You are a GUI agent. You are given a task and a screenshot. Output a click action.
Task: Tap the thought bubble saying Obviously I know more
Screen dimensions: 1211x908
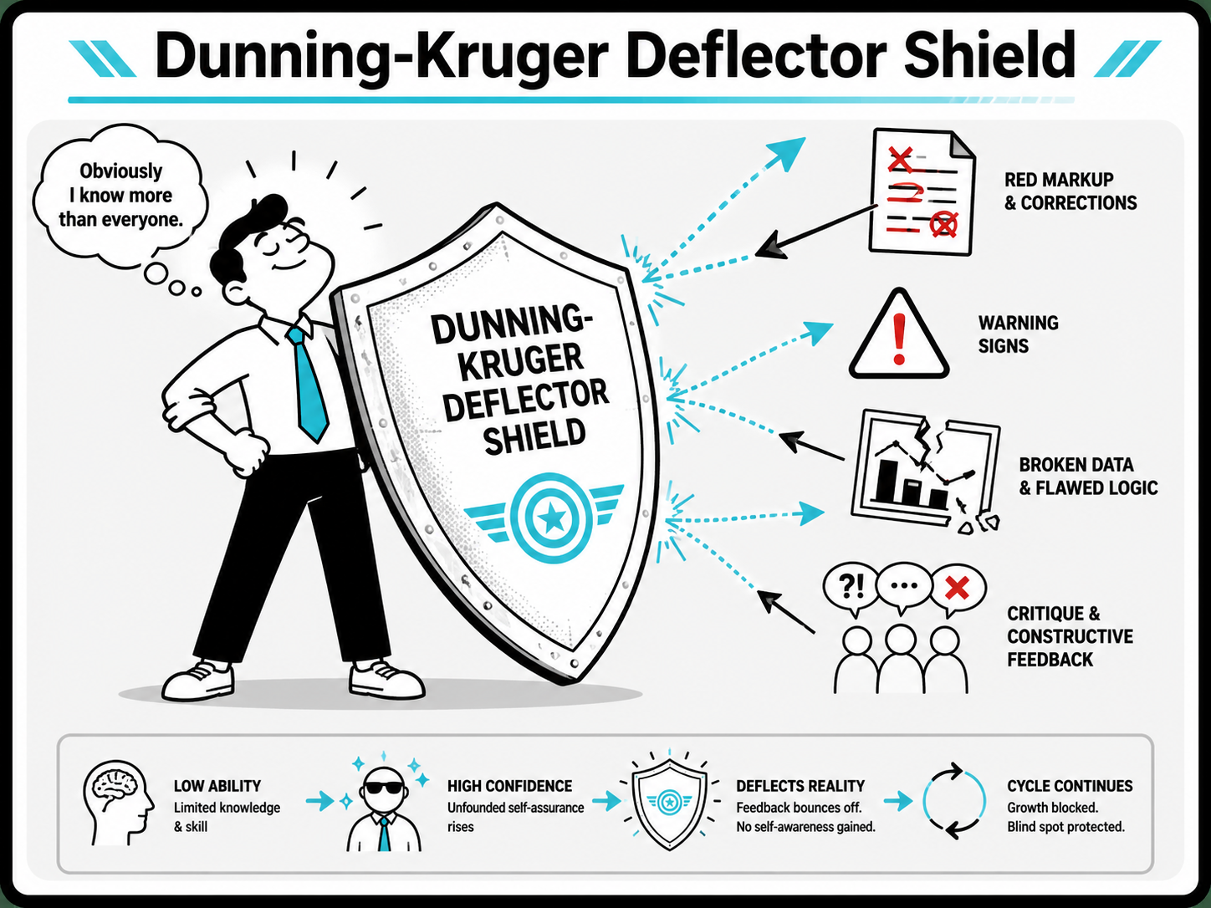tap(120, 195)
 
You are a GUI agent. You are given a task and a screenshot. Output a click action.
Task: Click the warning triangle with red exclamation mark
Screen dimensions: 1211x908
tap(899, 334)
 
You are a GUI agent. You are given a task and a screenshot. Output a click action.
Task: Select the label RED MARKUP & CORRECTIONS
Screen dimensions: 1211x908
tap(1070, 191)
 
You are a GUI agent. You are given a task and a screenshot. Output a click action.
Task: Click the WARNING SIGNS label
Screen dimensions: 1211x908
tap(1018, 334)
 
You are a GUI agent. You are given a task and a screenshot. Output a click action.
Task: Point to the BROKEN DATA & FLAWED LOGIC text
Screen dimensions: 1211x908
tap(1088, 477)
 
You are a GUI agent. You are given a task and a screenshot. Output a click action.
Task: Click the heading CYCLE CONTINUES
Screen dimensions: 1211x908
tap(1070, 786)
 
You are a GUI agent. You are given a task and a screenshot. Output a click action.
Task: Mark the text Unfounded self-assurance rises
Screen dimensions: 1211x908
tap(515, 817)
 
